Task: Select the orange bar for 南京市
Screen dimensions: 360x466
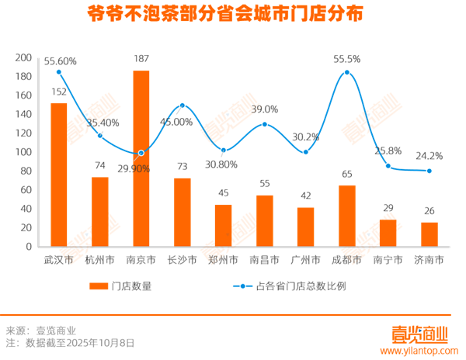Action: tap(141, 159)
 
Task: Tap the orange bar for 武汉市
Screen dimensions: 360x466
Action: tap(58, 175)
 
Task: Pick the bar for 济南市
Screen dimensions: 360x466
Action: tap(429, 234)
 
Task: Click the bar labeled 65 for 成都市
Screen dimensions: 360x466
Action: tap(346, 216)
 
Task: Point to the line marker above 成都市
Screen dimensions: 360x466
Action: tap(346, 72)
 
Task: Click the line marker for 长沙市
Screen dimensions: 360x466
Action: tap(183, 106)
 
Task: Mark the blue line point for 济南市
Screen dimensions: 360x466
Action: tap(429, 171)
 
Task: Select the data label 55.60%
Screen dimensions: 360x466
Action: tap(60, 61)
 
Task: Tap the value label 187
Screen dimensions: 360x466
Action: tap(141, 59)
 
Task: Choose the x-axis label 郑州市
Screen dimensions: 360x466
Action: tap(223, 260)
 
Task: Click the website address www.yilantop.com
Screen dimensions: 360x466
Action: tap(421, 350)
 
